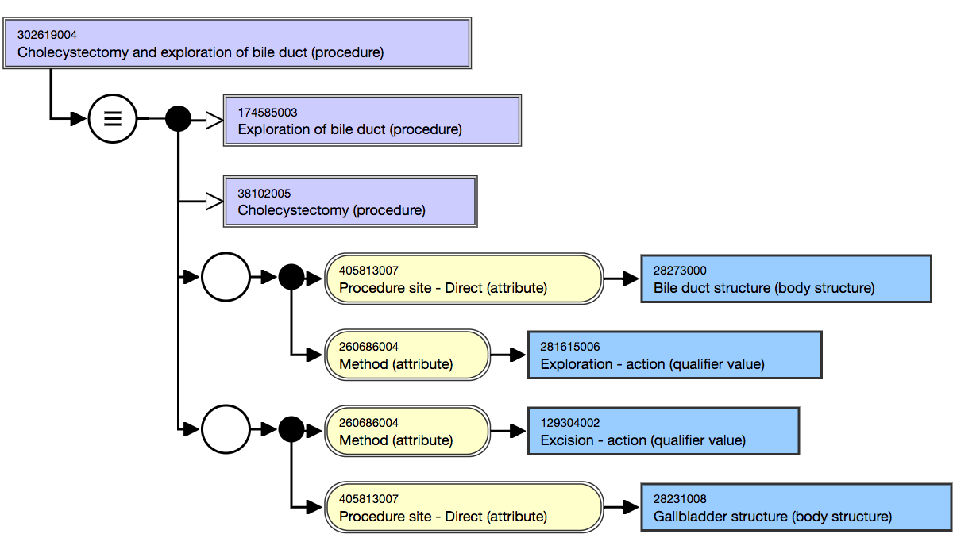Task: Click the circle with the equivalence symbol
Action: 113,118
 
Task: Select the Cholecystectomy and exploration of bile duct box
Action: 237,44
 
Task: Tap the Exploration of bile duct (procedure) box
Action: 372,121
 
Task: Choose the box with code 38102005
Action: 350,202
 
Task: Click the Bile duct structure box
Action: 786,279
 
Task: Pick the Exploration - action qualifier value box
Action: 674,355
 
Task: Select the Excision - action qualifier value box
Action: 663,431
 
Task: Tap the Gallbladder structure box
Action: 797,507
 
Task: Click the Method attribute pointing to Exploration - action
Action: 407,355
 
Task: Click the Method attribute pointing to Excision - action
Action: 407,431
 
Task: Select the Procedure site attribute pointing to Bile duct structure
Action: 464,279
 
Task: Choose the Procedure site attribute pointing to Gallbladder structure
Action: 464,507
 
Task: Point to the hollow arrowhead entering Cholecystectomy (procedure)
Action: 214,202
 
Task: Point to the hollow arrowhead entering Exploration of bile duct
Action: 214,121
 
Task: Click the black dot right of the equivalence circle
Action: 178,118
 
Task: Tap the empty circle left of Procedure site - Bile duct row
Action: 226,277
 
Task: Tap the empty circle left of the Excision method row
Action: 226,429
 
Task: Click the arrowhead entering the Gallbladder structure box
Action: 631,507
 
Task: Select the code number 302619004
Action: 47,35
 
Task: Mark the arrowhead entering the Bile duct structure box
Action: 631,278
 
